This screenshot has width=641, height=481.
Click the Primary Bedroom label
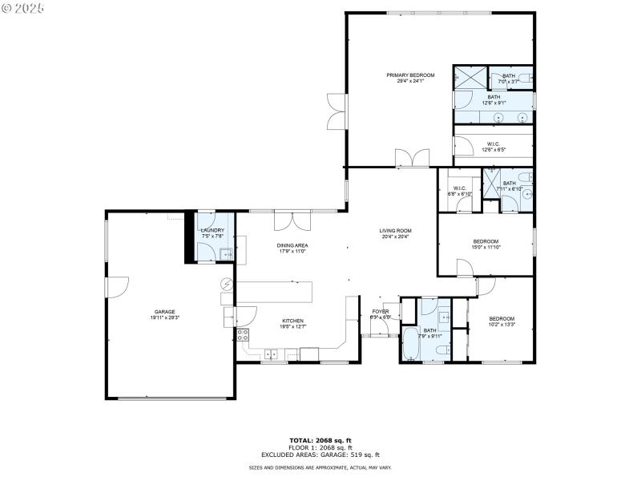pos(405,75)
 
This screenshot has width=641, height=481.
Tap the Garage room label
pos(165,312)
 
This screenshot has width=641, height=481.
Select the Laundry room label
pos(212,231)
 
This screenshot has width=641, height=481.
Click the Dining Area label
pos(292,245)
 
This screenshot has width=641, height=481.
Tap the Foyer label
pos(380,311)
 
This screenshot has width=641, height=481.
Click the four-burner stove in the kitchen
pos(243,335)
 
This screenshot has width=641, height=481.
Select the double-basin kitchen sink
pos(271,353)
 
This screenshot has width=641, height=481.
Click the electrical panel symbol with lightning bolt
pos(227,284)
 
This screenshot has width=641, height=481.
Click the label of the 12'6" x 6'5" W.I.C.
pos(493,144)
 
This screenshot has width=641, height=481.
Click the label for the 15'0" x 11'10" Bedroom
pos(486,241)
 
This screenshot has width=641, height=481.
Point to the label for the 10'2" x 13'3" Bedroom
pos(502,318)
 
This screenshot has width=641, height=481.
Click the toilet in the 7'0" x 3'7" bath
pos(526,78)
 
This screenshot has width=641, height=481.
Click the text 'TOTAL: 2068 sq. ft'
pos(320,440)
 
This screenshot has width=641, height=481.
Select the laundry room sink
pos(225,255)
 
